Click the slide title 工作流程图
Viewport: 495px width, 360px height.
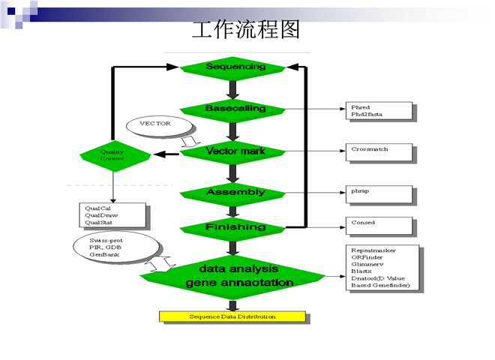(246, 30)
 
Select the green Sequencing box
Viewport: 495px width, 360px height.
(235, 67)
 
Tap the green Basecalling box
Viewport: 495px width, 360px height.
(235, 109)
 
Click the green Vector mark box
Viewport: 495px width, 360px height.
(235, 151)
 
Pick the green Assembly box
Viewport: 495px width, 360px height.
(235, 192)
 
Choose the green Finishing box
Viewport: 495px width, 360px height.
(235, 226)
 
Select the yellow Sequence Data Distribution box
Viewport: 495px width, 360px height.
(232, 316)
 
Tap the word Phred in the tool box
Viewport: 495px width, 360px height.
(361, 106)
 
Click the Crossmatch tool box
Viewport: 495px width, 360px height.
(379, 151)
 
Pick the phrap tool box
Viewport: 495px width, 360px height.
(379, 194)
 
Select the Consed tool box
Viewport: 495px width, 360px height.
(379, 226)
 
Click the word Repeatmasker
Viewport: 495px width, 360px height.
(373, 250)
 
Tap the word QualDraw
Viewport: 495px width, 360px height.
(101, 215)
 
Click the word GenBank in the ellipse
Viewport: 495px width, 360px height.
(105, 255)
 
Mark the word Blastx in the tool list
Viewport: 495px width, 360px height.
(362, 271)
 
